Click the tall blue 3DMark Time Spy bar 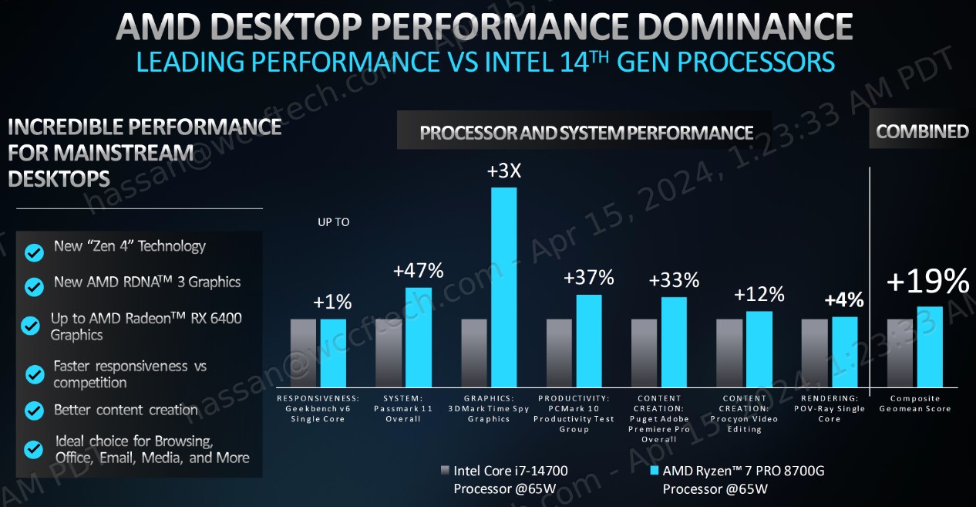(x=503, y=286)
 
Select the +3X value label (x=504, y=171)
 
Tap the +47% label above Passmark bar (x=418, y=271)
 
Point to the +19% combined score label (x=927, y=282)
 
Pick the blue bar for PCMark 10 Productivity (x=589, y=340)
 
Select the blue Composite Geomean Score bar (x=930, y=346)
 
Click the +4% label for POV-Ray (x=844, y=300)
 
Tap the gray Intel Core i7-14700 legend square (x=444, y=470)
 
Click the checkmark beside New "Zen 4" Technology (x=34, y=252)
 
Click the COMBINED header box (x=922, y=132)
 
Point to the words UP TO (x=333, y=222)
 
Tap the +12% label (x=759, y=294)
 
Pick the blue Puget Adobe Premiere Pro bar (x=674, y=342)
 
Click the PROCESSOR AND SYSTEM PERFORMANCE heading (x=586, y=133)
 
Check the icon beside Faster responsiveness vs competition (x=34, y=374)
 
